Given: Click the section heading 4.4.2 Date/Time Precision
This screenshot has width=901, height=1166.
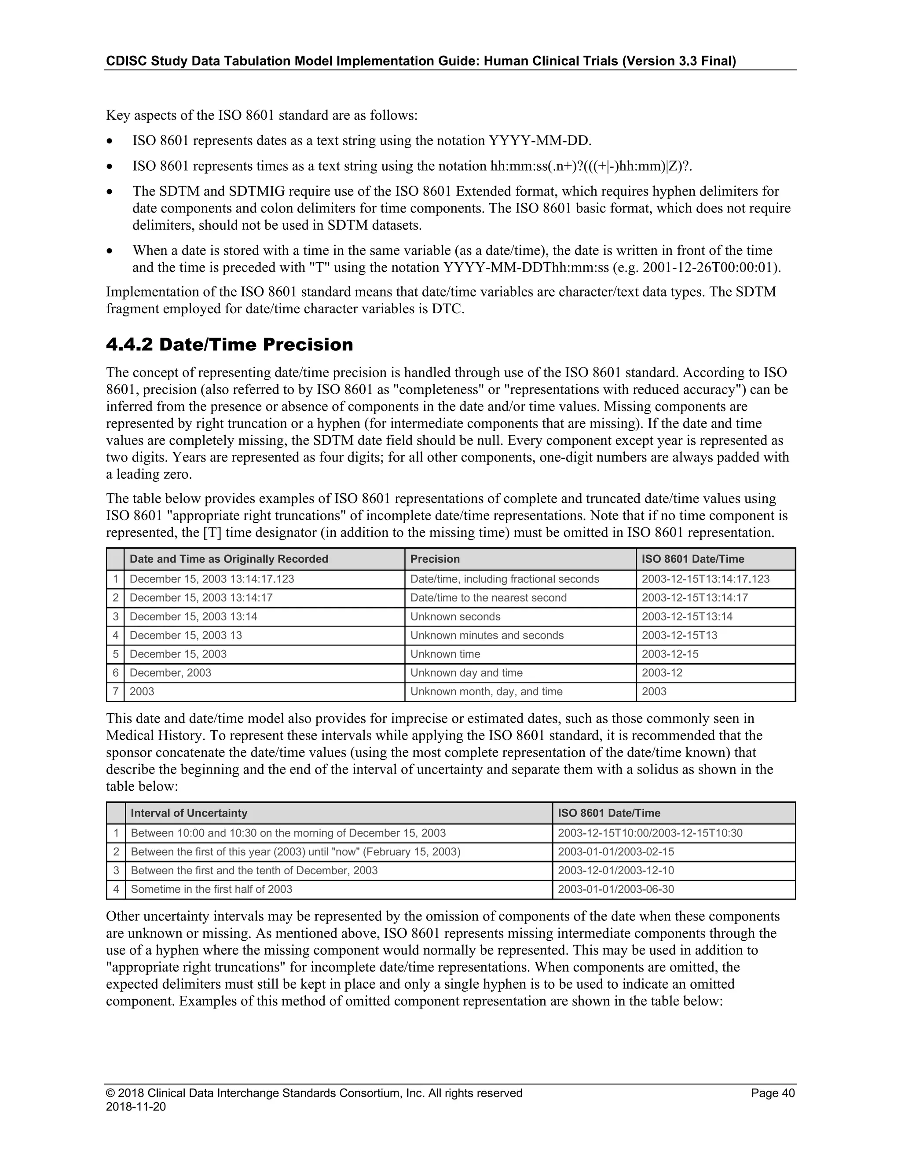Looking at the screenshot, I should [230, 345].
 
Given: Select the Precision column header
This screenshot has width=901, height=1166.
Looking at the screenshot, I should [435, 559].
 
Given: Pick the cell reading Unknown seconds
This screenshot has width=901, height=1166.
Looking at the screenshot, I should [455, 616].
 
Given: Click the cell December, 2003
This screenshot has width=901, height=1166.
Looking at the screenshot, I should [170, 673].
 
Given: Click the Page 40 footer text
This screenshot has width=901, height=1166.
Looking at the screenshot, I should [773, 1093].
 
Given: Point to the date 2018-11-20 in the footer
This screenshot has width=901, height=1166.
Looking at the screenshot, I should [136, 1107].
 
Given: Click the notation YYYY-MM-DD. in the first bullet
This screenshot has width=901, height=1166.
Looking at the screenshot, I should [540, 141].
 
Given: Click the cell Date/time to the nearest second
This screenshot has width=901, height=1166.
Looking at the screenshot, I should [488, 598].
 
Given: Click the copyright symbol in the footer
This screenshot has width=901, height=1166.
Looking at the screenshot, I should [110, 1093].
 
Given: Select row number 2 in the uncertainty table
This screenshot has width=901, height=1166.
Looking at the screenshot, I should [116, 851].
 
